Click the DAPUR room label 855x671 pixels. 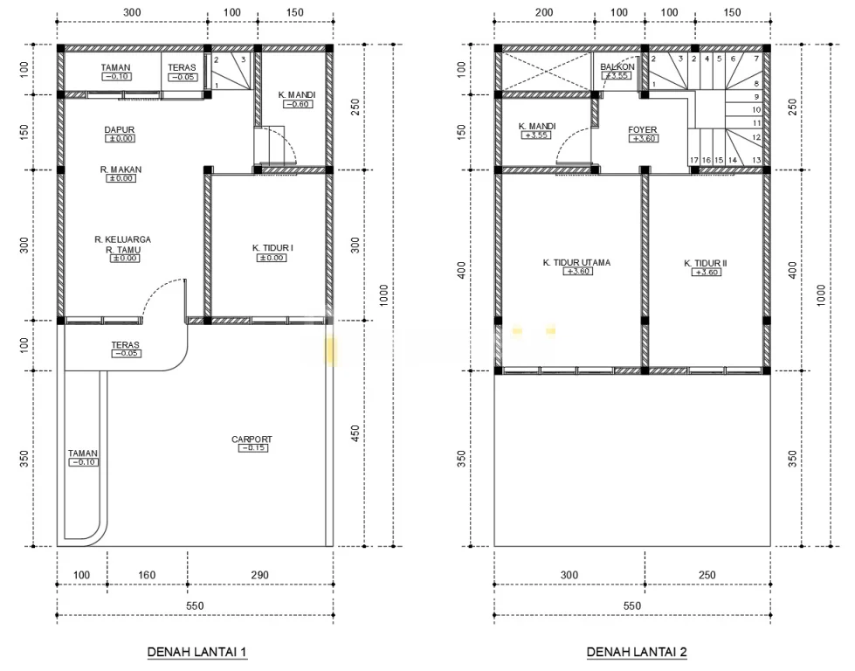coord(120,130)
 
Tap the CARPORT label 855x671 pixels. coord(252,439)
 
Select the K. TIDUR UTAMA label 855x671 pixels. coord(577,262)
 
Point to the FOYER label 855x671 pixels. coord(642,130)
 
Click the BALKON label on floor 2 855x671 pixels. coord(617,66)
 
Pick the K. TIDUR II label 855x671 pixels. coord(706,263)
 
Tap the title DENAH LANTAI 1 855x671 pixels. coord(197,652)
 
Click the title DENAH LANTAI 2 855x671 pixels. coord(637,652)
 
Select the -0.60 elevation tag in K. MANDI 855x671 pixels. coord(299,104)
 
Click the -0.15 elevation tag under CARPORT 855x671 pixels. coord(253,448)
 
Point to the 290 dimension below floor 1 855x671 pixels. coord(260,575)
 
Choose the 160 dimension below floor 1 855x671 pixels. coord(147,575)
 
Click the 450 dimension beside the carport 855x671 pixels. coord(355,433)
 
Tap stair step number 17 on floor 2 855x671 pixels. coord(694,160)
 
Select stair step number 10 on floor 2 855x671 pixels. coord(756,110)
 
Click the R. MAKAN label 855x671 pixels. coord(121,169)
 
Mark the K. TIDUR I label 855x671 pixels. coord(272,247)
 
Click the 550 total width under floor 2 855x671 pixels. coord(632,605)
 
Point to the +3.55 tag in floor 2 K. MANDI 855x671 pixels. coord(536,135)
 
